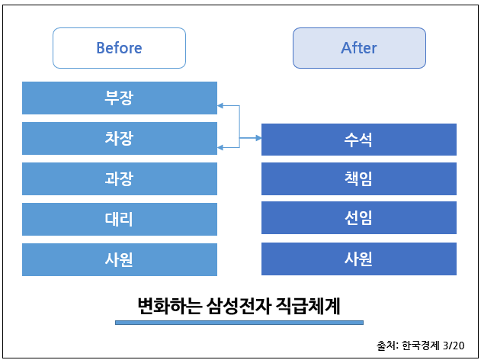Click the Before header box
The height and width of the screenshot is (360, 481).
[x=119, y=48]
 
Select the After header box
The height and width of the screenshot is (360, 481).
[x=359, y=48]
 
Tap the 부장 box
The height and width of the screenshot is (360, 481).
[x=120, y=98]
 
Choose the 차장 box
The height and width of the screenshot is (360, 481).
[x=120, y=138]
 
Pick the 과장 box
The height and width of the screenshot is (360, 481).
[x=120, y=179]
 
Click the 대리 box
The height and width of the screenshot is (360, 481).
[x=120, y=219]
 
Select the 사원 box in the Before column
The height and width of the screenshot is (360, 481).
[x=120, y=259]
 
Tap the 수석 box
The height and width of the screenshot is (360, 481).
[x=359, y=140]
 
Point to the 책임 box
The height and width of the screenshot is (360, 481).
[x=359, y=179]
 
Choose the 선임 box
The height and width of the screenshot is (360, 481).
[x=359, y=217]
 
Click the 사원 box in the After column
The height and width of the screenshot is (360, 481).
[x=359, y=259]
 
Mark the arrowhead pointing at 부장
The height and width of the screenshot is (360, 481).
[x=220, y=106]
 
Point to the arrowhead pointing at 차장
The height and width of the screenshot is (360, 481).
[x=220, y=148]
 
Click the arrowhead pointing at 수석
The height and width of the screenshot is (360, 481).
[x=258, y=138]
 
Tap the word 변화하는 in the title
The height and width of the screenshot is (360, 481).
[x=170, y=306]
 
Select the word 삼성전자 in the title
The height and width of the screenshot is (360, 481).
[x=239, y=306]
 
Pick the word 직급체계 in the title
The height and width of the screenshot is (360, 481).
[x=308, y=306]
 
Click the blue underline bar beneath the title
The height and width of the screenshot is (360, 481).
[x=239, y=323]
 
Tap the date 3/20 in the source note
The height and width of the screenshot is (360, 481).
[x=454, y=346]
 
